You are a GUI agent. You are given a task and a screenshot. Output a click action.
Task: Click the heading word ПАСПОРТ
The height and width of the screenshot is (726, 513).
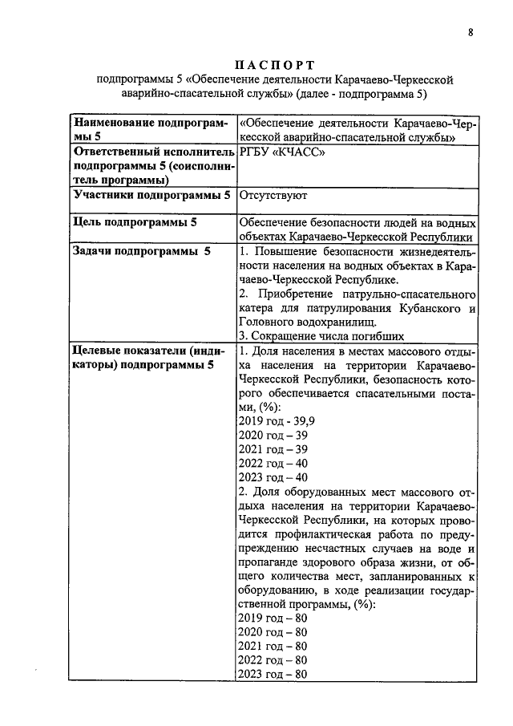[x=276, y=64]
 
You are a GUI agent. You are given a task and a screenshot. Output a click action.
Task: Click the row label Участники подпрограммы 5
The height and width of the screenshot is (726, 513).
[x=151, y=195]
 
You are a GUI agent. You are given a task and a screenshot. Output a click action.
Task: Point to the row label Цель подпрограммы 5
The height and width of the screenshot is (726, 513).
[x=135, y=222]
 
